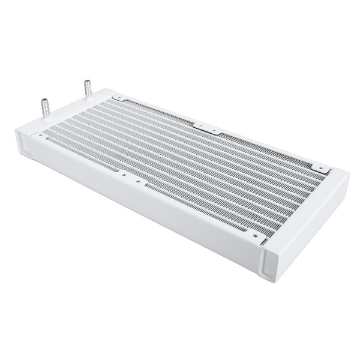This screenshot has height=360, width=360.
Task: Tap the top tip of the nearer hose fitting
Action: [43, 97]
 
